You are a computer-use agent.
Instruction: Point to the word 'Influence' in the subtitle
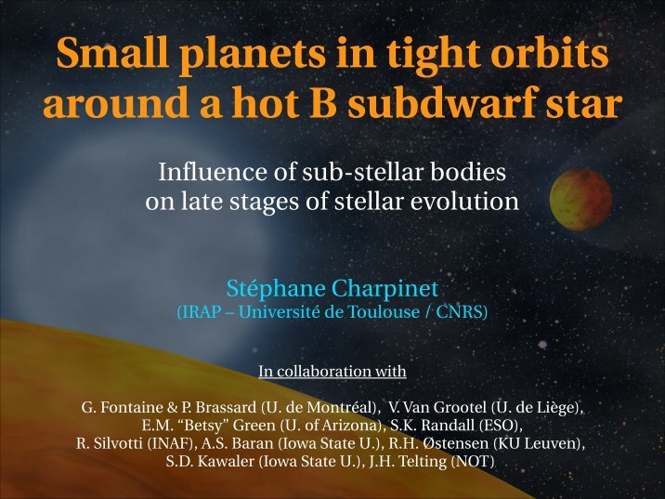(x=214, y=172)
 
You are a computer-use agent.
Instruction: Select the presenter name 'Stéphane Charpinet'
(x=332, y=288)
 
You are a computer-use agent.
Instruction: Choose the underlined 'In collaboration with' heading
(x=332, y=372)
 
